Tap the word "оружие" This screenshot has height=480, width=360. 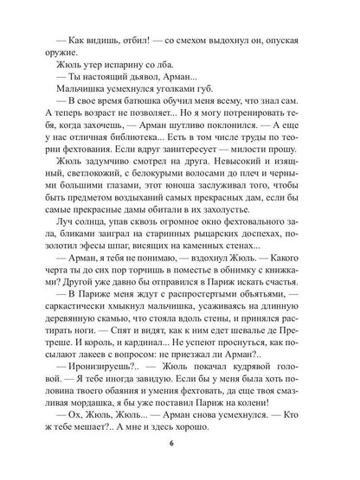click(71, 37)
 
